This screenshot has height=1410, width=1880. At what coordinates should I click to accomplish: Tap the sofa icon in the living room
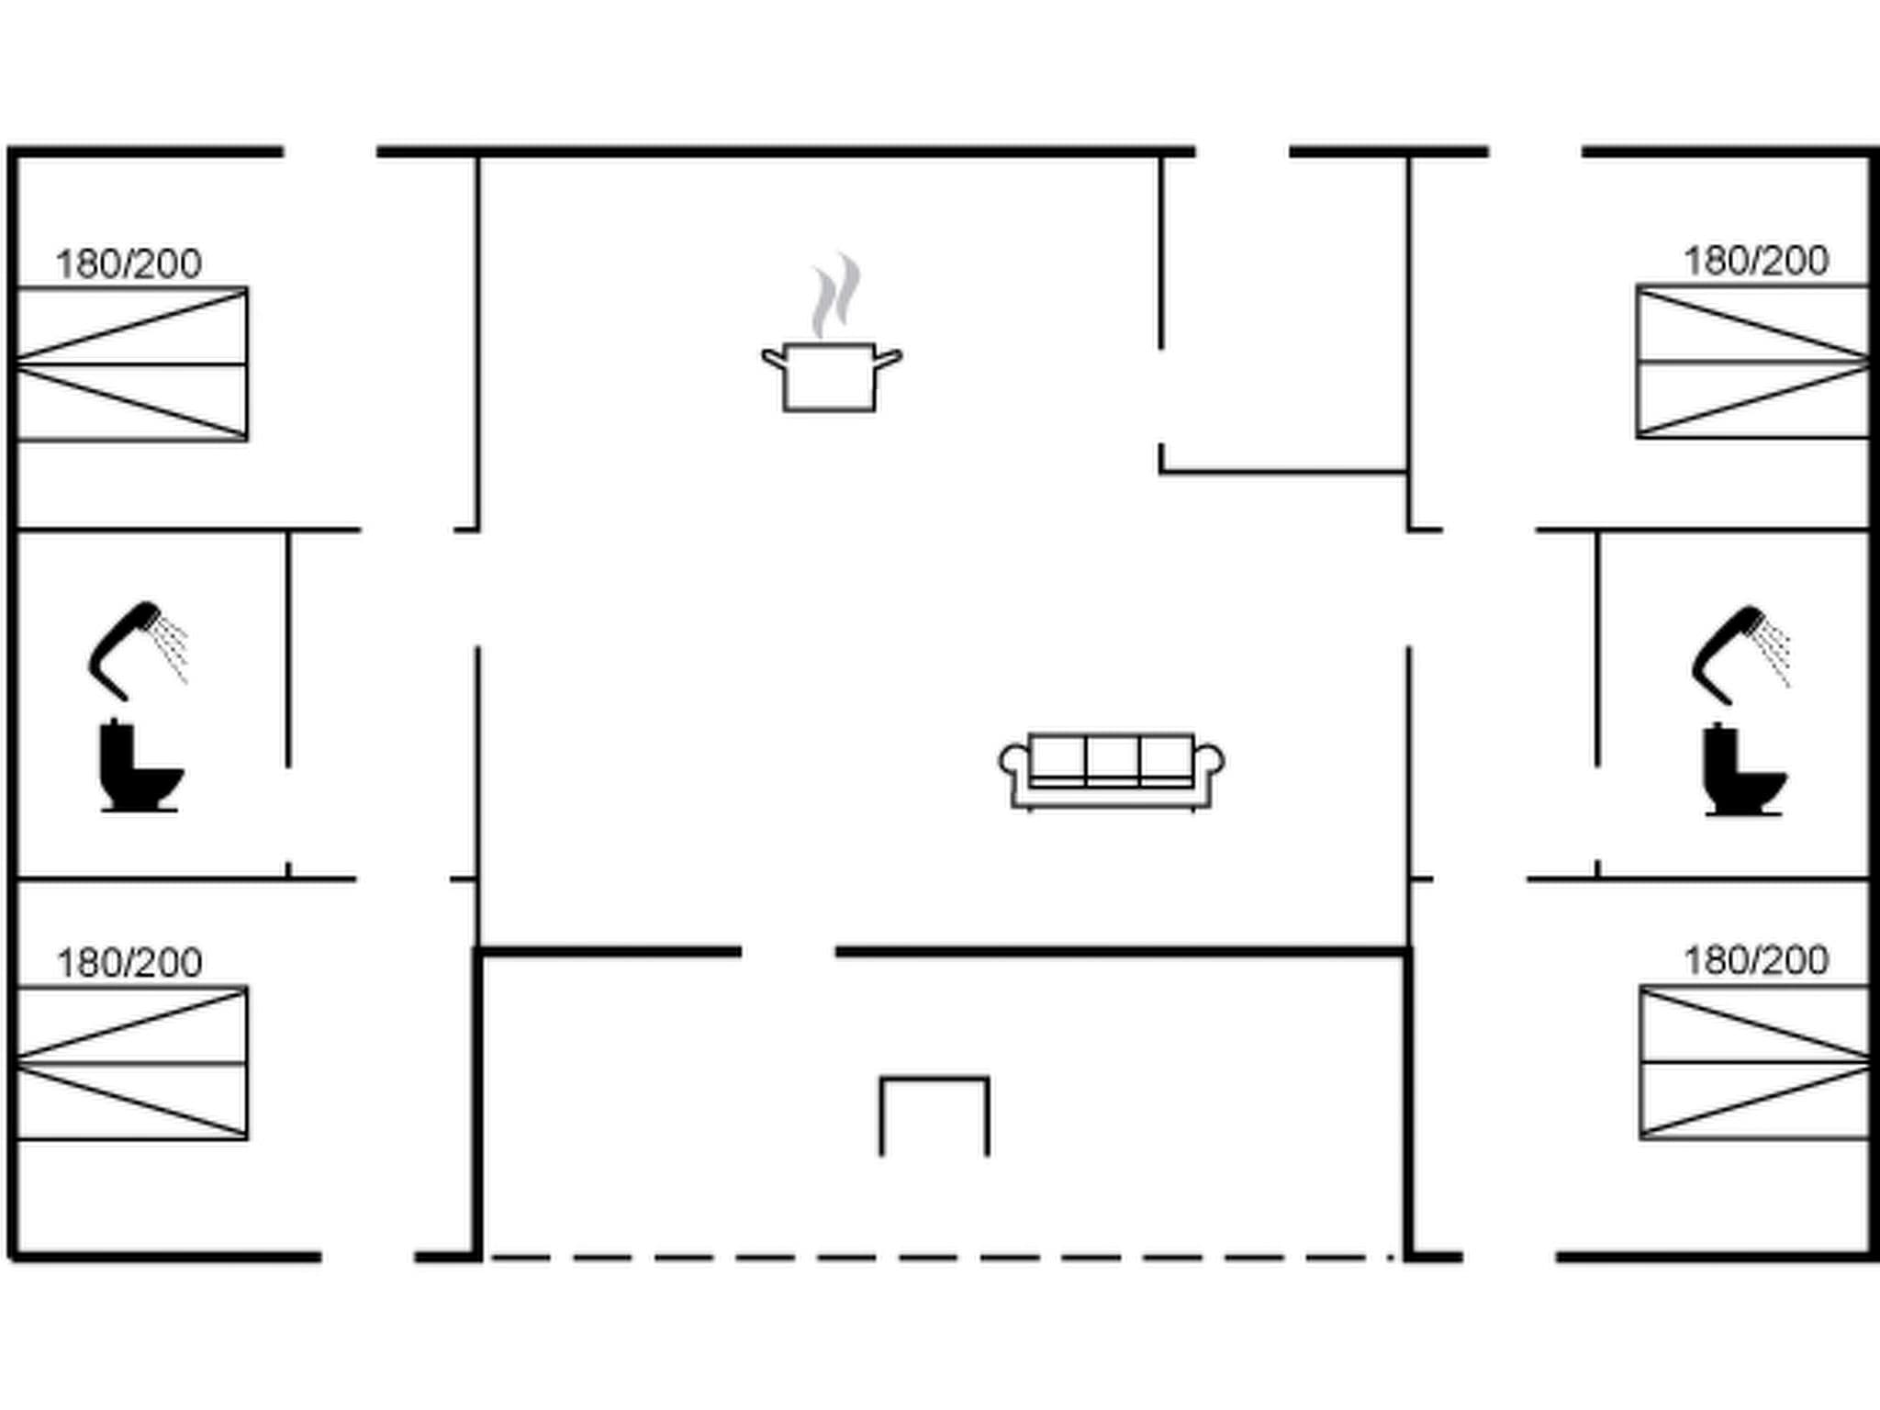(1111, 771)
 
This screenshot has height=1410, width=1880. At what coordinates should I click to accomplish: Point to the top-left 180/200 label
(129, 264)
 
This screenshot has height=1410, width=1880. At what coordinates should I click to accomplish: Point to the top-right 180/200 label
(1755, 262)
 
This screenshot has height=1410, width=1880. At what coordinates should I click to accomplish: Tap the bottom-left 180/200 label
(129, 963)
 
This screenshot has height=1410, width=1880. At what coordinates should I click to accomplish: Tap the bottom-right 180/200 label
(1755, 961)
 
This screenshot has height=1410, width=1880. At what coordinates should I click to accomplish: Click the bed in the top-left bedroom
(132, 364)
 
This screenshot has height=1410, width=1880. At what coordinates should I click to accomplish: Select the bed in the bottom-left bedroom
(132, 1063)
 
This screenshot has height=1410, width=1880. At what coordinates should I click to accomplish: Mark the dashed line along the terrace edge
(941, 1257)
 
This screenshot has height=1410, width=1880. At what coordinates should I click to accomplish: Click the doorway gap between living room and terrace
(788, 952)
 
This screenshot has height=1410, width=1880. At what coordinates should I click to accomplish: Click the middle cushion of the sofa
(1112, 758)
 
